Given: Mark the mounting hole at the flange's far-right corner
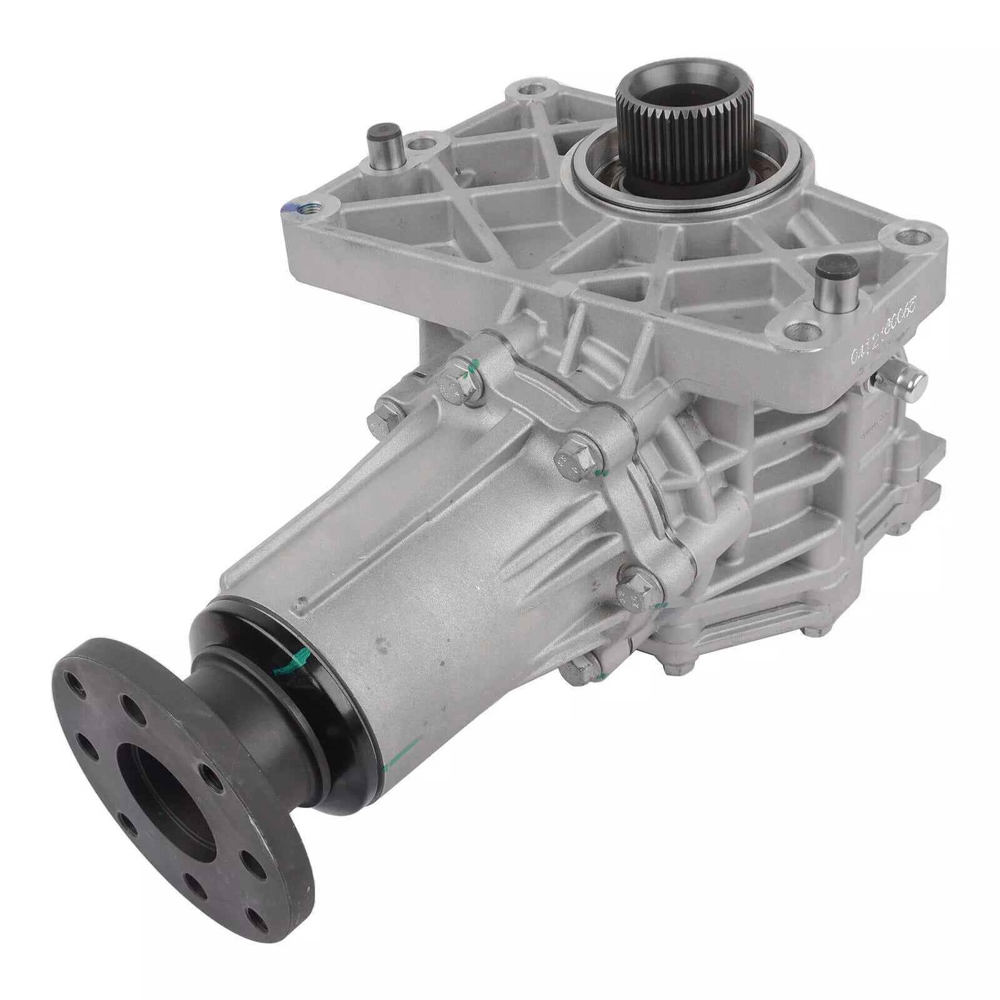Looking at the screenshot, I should click(916, 237).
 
